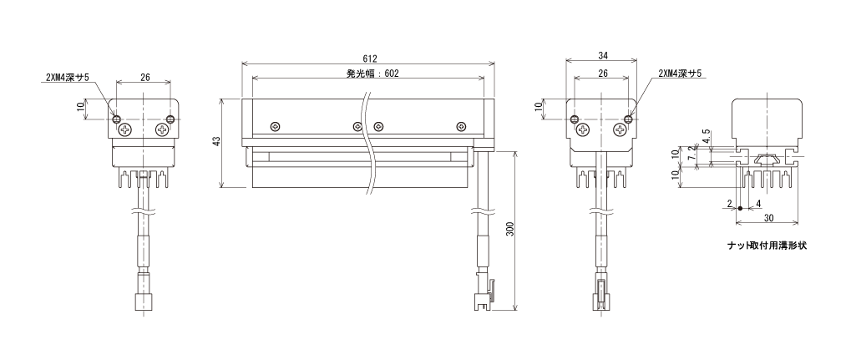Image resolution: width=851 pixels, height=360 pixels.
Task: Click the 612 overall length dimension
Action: click(x=369, y=58)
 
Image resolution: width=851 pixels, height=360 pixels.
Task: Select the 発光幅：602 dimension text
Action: click(x=372, y=74)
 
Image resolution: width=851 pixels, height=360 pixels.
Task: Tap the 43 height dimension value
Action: click(x=216, y=141)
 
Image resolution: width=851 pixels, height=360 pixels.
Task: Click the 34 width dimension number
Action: click(x=602, y=55)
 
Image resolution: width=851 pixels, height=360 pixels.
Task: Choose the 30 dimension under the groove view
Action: click(x=767, y=216)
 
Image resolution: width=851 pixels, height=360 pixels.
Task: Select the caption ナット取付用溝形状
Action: click(x=767, y=246)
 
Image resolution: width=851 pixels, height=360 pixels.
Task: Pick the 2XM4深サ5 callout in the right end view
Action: click(x=680, y=73)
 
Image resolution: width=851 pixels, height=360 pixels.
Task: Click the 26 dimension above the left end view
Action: click(x=145, y=77)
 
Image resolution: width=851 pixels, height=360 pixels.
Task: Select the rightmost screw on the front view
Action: click(x=461, y=127)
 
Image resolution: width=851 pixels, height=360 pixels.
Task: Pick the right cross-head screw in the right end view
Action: click(x=621, y=129)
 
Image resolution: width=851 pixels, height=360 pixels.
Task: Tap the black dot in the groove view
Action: click(x=740, y=208)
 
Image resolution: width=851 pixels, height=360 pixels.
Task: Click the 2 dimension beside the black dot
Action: click(x=730, y=204)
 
